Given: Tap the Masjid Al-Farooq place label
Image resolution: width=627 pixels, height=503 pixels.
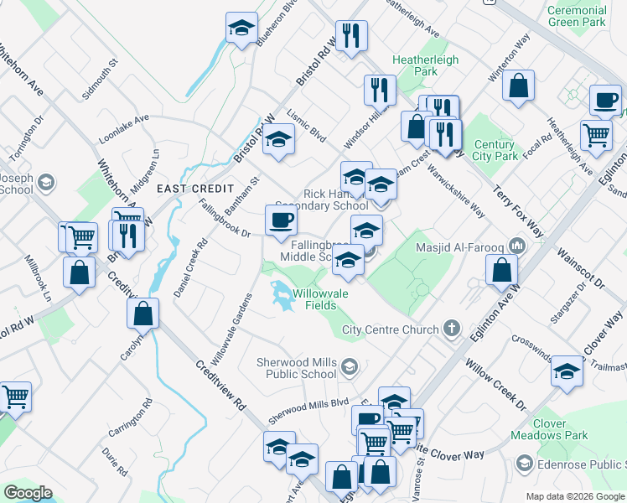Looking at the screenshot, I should (x=463, y=246).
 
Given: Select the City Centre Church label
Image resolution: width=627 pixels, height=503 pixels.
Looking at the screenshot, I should (x=391, y=329).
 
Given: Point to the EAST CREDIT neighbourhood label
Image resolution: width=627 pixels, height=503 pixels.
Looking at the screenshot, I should (x=189, y=189).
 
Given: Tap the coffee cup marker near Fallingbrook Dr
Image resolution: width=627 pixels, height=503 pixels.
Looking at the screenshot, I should (x=281, y=220).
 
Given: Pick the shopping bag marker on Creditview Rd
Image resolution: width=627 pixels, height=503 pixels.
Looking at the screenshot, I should (x=143, y=314).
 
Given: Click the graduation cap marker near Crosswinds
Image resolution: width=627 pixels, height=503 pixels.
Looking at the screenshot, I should (x=567, y=371).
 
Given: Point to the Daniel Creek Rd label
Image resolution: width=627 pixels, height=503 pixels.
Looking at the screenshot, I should (x=189, y=269).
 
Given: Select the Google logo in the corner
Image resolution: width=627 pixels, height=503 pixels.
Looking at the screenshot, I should (x=28, y=493).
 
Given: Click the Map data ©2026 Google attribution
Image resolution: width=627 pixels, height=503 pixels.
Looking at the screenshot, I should (x=575, y=496).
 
